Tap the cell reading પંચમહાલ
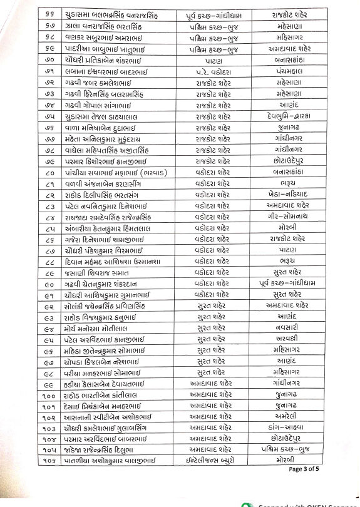tap(289, 72)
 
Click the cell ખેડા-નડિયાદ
tap(290, 195)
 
